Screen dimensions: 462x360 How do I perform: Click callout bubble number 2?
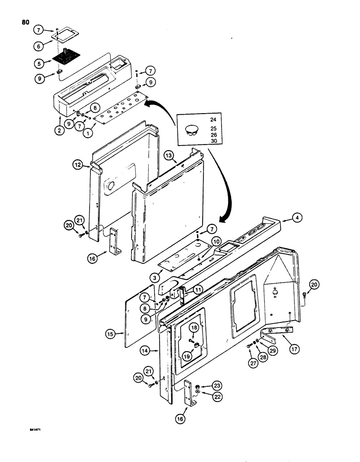[x=59, y=130]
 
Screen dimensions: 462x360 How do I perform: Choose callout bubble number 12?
[x=78, y=164]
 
